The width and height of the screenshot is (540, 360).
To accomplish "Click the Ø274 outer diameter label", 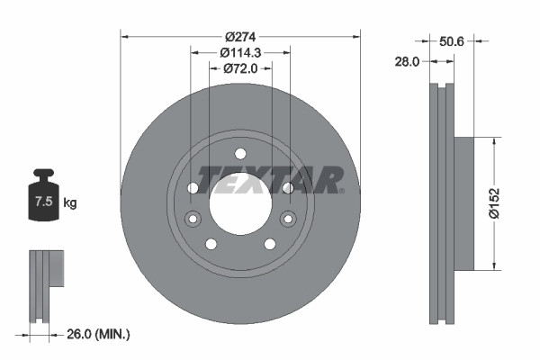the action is (240, 37).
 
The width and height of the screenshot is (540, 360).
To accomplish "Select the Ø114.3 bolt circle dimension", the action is (240, 53).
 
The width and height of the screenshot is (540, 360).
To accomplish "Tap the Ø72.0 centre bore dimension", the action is (240, 68).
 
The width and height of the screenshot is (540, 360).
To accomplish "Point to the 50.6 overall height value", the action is (452, 41).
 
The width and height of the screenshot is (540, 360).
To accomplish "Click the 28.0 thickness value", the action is (407, 62).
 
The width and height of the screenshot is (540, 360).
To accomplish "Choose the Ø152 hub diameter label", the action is (494, 203).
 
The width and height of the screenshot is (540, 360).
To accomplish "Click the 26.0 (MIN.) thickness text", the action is (98, 334).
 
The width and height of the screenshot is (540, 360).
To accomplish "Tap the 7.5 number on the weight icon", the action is (44, 202).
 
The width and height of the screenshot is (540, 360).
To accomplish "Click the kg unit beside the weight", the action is (70, 202).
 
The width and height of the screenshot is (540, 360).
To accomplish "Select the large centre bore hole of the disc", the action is (240, 204).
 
